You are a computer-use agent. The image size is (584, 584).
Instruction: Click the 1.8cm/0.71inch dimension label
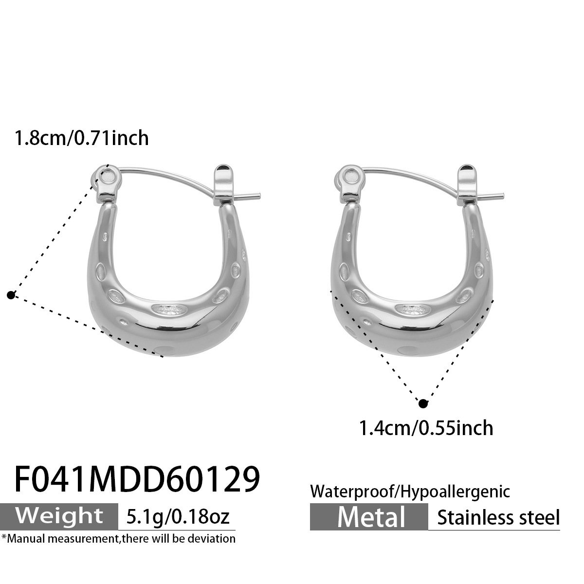point(81,138)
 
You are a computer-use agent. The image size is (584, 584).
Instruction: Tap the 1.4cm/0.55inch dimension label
point(426,428)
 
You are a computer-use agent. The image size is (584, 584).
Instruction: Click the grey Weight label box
point(60,516)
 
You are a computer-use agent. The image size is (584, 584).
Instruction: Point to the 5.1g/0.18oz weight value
point(177,516)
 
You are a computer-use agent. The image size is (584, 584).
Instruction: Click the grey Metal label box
point(369,517)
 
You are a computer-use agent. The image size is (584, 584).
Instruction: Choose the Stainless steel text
point(498,517)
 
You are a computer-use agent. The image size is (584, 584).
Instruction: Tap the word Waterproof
point(354,491)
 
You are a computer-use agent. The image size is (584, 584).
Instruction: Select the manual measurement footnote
point(118,538)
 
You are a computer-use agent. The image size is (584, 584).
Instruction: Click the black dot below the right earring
point(423,403)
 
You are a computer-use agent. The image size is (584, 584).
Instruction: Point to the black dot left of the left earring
point(11,294)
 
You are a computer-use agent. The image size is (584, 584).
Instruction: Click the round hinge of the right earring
point(351,177)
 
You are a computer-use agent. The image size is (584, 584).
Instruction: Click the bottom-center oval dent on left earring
point(169,309)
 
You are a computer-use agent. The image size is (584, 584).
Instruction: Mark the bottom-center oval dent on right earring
point(413,309)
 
